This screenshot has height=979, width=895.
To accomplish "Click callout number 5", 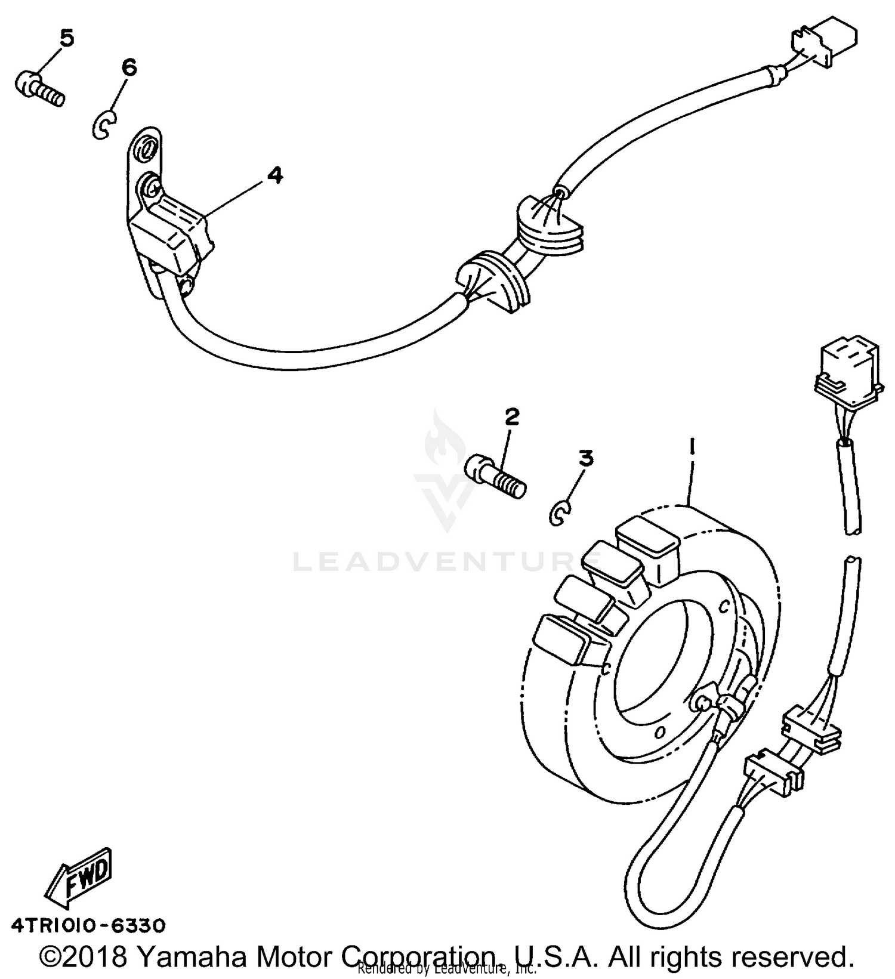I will click(66, 39).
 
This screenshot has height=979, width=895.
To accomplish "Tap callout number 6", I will click(128, 67).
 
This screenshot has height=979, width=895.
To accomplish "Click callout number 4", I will click(274, 175).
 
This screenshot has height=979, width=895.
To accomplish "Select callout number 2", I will click(511, 417).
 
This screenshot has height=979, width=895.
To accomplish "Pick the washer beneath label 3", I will click(560, 513).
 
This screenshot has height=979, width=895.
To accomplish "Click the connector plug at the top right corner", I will click(825, 43).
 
